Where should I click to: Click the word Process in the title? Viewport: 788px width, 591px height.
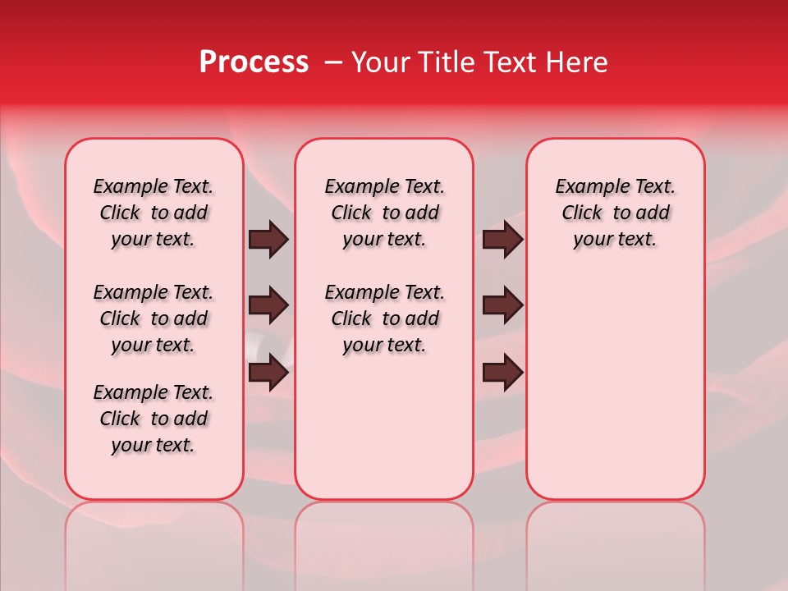pos(254,62)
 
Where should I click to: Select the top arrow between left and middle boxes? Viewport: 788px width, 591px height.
pos(268,240)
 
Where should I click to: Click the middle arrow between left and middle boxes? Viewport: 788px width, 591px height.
pos(268,305)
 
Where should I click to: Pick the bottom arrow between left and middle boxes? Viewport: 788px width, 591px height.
pos(268,373)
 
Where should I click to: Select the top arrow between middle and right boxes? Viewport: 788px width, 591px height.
pos(502,240)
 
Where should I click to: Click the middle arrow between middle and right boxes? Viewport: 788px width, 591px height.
pos(502,305)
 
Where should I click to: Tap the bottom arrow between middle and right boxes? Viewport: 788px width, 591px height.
pos(502,373)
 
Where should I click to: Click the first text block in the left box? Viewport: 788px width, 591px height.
pos(153,213)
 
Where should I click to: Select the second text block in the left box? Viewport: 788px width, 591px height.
pos(153,318)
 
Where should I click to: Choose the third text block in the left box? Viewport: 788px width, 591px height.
pos(153,419)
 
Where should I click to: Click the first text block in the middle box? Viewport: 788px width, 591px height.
pos(384,213)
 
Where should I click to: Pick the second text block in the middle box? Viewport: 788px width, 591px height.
pos(384,318)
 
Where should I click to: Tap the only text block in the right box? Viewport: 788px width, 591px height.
pos(615,213)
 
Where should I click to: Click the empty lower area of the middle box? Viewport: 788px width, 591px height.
pos(384,427)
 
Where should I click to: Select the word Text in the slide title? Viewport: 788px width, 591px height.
pos(506,62)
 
